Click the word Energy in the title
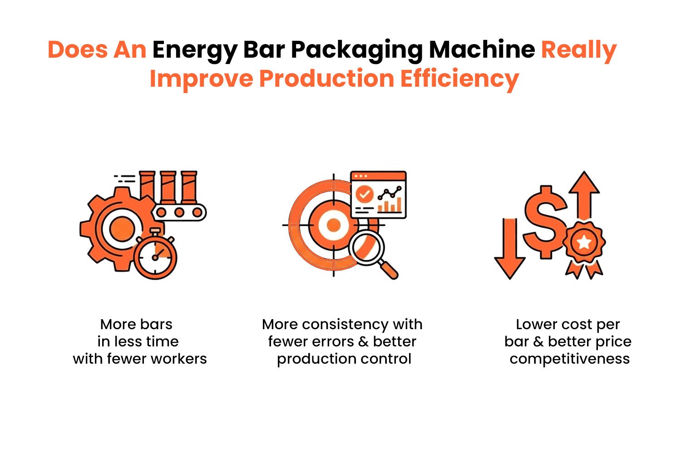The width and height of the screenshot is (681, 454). (x=194, y=50)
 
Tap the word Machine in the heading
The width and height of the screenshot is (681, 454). (x=482, y=49)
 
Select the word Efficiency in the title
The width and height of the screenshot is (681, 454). (x=459, y=79)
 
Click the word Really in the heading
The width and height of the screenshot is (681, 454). (x=578, y=50)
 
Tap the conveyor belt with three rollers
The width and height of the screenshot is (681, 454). (x=179, y=212)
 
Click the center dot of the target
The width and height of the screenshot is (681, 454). (x=334, y=225)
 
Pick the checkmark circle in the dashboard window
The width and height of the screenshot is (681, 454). (x=364, y=194)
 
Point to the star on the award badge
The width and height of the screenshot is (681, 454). (x=584, y=242)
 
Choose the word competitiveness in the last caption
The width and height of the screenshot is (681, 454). (x=569, y=359)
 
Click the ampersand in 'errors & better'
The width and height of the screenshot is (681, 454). (x=363, y=341)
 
